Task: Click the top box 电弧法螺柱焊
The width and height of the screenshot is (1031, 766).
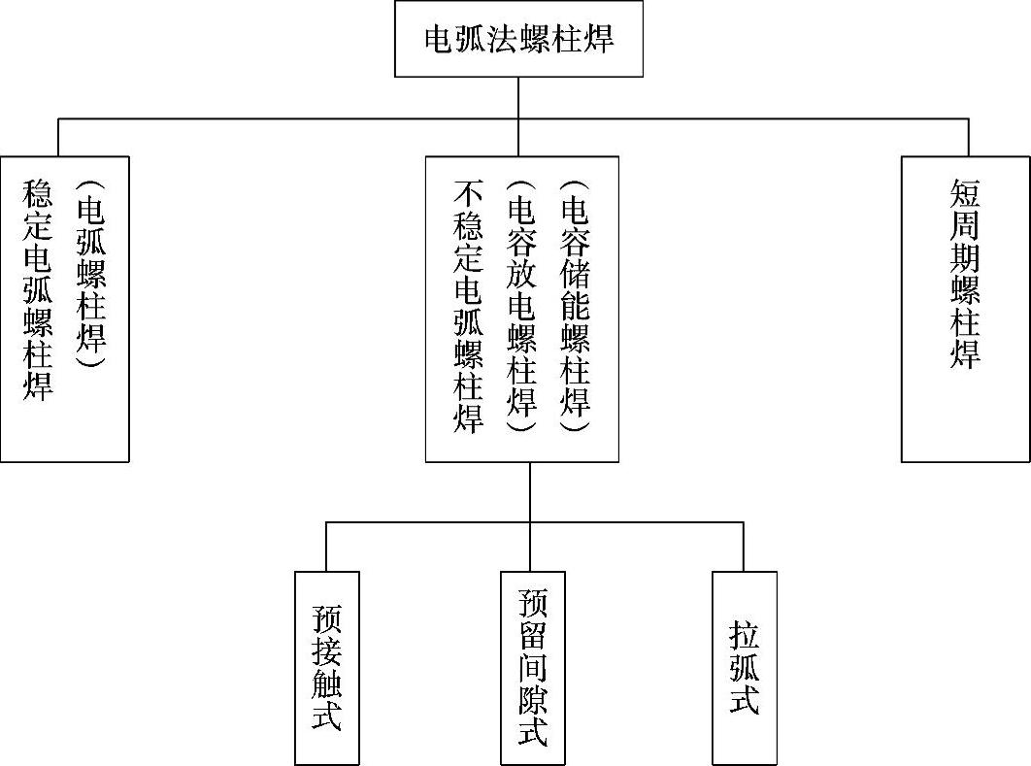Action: click(x=518, y=39)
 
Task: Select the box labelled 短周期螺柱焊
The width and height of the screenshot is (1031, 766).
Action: click(x=965, y=309)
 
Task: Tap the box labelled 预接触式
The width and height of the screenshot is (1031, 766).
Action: click(x=327, y=668)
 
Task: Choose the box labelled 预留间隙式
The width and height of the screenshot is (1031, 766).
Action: click(x=533, y=668)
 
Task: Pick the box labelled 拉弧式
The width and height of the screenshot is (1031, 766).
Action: click(x=745, y=668)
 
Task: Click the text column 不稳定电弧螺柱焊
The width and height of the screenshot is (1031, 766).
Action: click(x=469, y=306)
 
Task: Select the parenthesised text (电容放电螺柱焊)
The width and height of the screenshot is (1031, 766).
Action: click(x=522, y=306)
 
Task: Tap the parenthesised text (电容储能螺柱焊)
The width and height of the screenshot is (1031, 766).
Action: click(x=576, y=306)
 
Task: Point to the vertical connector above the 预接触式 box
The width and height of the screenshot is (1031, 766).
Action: click(x=326, y=547)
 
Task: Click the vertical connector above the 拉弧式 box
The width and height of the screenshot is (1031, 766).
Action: click(x=744, y=547)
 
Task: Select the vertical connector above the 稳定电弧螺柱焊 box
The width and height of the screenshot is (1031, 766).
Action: click(x=58, y=137)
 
